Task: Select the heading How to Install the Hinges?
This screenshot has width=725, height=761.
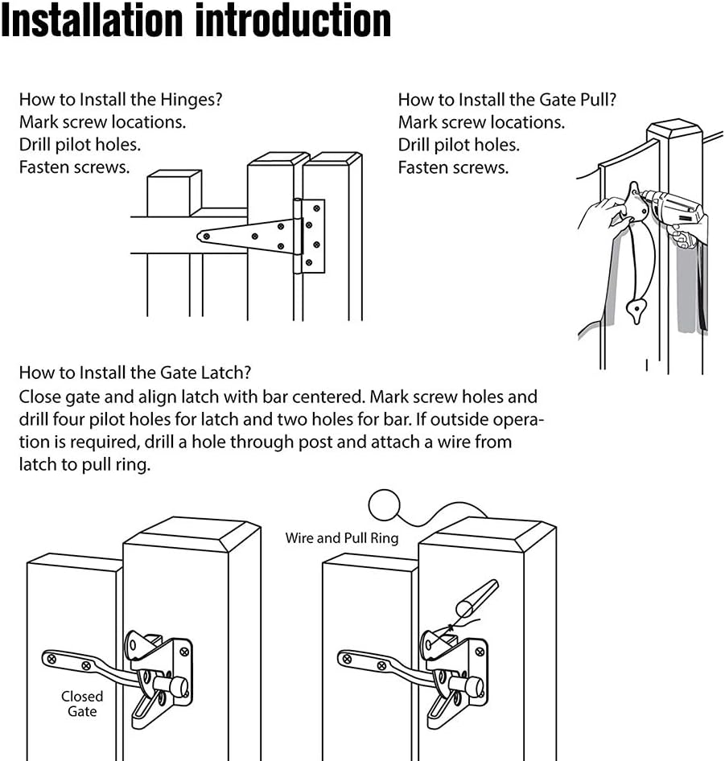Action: pyautogui.click(x=121, y=100)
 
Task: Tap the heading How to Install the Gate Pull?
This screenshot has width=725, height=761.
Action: pyautogui.click(x=507, y=100)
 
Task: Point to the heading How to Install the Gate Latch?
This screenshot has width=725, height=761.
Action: pyautogui.click(x=135, y=372)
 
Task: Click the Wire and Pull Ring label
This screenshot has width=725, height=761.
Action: pyautogui.click(x=342, y=537)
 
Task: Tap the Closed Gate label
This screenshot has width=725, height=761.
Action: pyautogui.click(x=82, y=703)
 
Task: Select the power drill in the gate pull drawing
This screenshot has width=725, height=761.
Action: pyautogui.click(x=673, y=211)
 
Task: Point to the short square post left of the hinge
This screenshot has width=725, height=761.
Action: pyautogui.click(x=173, y=193)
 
